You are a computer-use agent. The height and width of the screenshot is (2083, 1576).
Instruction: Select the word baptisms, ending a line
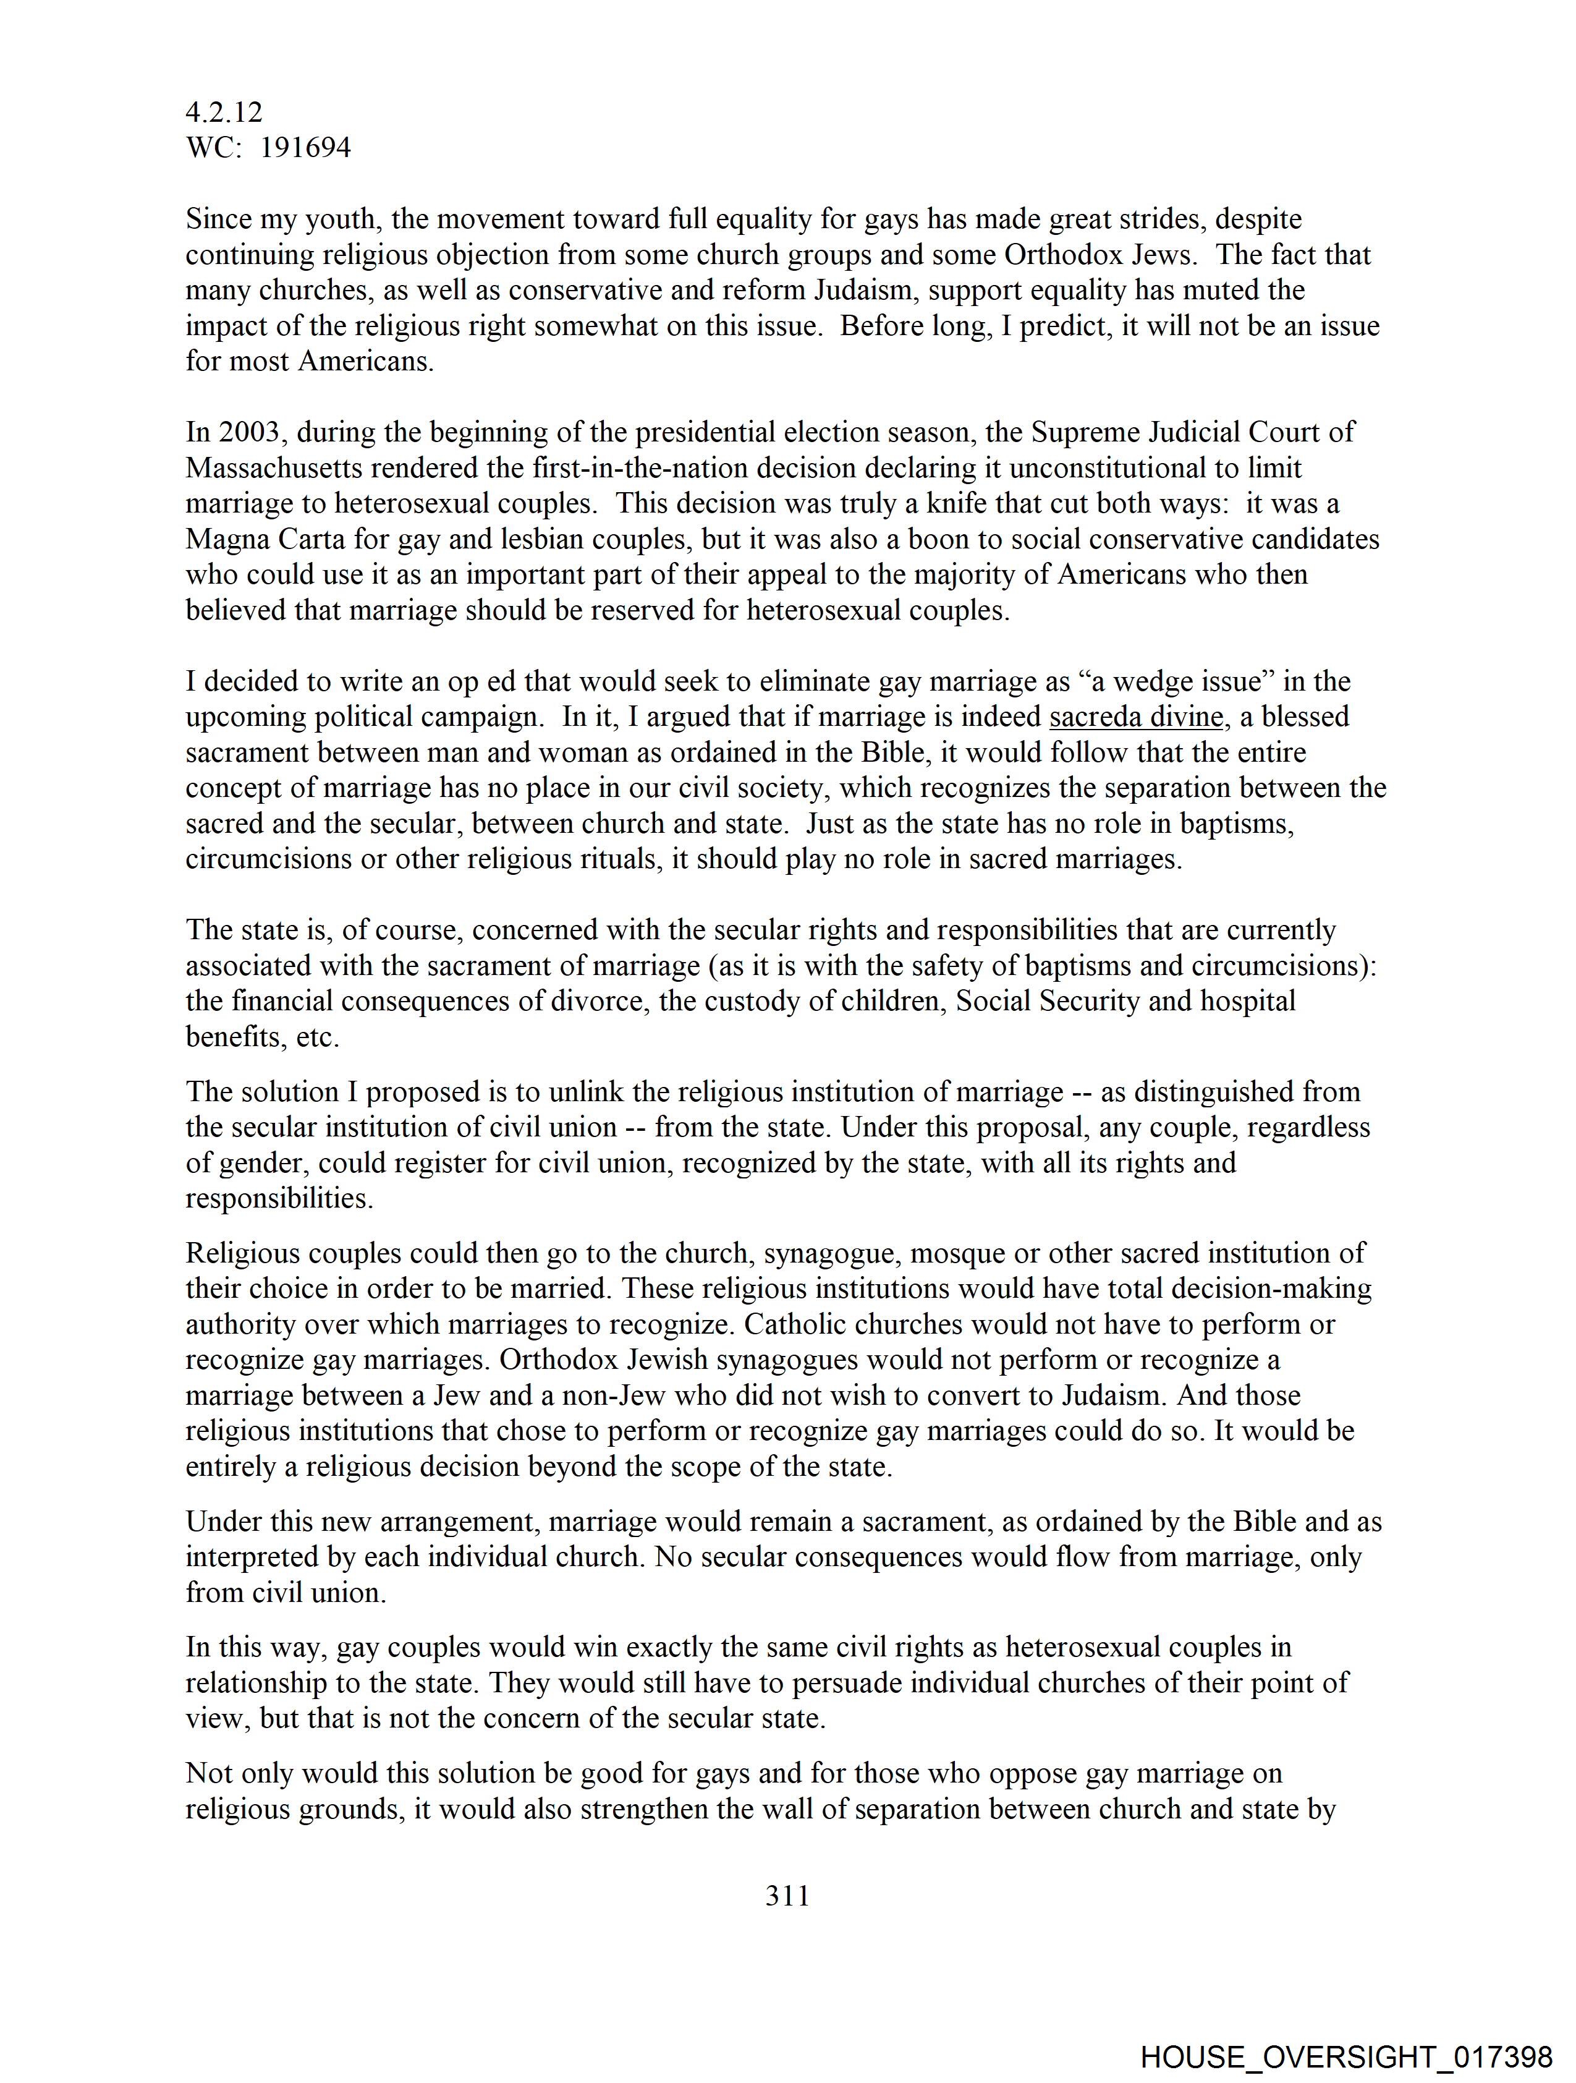coord(1235,824)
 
